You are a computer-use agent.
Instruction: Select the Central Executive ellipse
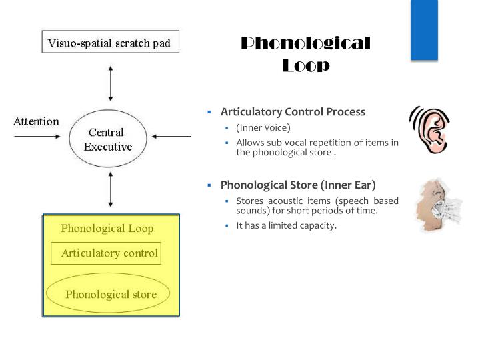click(107, 140)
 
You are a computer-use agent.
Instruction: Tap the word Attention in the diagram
click(37, 122)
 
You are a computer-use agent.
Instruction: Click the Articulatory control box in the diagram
click(107, 253)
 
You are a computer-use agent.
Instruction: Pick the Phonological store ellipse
click(108, 294)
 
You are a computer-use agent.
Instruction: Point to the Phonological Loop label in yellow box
click(107, 229)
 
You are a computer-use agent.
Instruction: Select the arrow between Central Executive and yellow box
click(111, 192)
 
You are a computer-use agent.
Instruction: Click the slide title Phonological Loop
click(305, 55)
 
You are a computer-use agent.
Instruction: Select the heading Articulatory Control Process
click(293, 112)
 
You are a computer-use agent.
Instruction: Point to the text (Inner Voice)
click(263, 127)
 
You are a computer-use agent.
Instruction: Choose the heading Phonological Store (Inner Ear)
click(298, 185)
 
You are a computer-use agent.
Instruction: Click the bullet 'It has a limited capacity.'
click(287, 225)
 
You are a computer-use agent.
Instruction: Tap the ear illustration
click(427, 129)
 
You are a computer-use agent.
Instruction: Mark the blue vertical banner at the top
click(423, 30)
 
